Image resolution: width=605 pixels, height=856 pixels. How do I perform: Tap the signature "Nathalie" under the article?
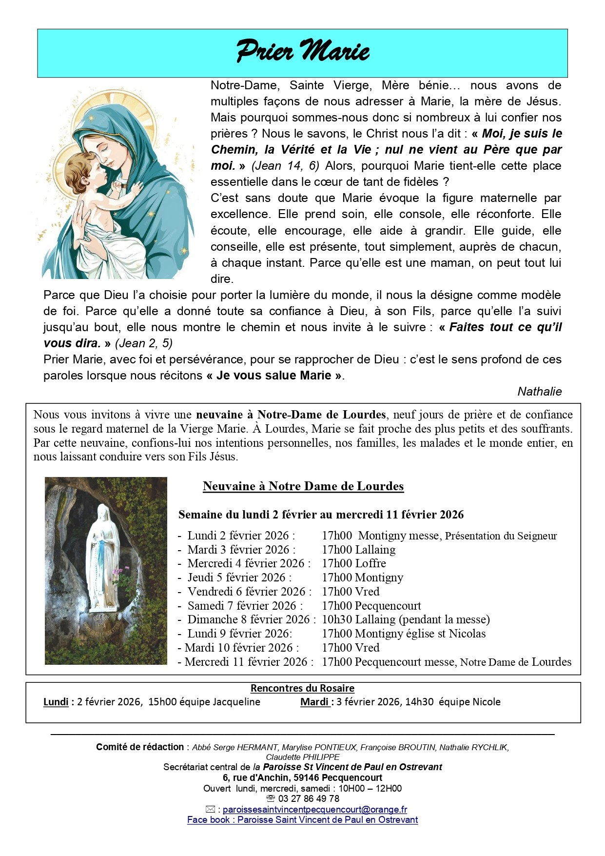539,392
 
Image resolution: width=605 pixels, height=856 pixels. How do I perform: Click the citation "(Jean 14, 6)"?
285,166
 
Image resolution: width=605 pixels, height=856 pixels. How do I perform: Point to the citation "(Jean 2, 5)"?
144,343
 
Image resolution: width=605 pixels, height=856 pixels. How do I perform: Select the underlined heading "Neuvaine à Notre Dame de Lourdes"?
303,486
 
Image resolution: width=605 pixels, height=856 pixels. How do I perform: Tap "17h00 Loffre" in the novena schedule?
354,563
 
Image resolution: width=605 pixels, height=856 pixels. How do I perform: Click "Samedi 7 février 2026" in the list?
242,606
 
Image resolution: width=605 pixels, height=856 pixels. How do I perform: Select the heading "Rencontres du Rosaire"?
302,688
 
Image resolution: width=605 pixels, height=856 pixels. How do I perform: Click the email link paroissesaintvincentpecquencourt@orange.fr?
315,809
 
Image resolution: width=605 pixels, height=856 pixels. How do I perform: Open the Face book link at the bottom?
302,820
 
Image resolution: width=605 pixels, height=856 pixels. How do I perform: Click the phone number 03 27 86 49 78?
309,798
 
